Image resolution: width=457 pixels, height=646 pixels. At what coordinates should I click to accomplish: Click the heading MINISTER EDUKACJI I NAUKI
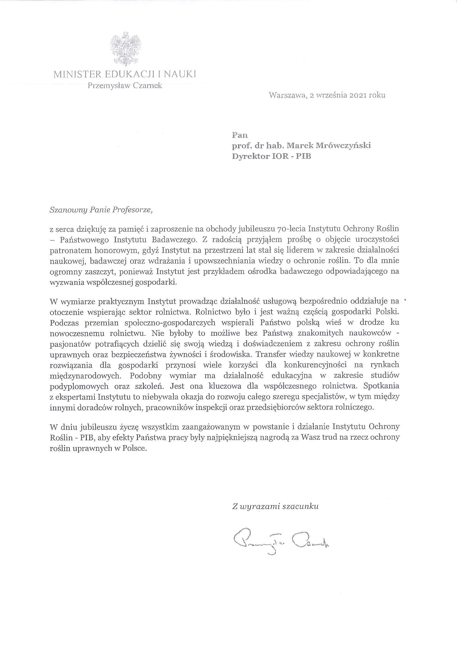tap(125, 74)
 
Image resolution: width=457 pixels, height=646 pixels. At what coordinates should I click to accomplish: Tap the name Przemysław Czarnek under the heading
tap(125, 86)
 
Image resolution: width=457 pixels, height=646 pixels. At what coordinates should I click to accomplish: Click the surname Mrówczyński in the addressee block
tap(342, 146)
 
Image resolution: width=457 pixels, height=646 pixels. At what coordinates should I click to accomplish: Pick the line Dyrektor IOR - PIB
tap(271, 156)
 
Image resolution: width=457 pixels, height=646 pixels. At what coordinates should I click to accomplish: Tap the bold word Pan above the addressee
tap(240, 135)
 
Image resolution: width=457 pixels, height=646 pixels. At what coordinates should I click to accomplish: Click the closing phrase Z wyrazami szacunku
tap(275, 507)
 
